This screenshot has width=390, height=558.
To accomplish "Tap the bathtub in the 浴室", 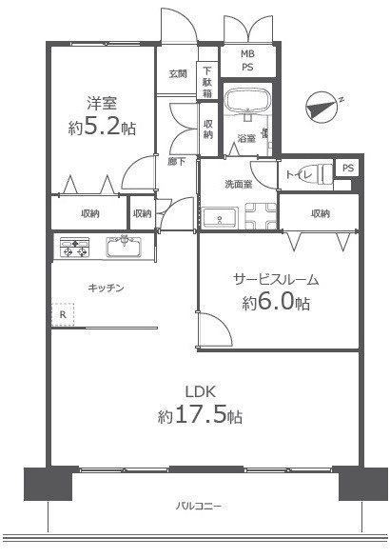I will pos(246,102).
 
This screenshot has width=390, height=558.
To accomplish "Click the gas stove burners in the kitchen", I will pos(75,249).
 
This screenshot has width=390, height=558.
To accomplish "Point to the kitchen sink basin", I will pos(124,248).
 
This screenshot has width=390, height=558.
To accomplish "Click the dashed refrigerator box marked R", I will pos(63,314).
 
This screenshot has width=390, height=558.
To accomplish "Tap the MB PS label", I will pos(247,61).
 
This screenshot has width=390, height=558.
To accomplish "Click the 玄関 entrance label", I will pos(178,73).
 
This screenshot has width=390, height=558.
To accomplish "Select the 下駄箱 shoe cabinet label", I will pos(206,81).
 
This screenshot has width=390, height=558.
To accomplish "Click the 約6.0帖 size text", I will pos(276,303).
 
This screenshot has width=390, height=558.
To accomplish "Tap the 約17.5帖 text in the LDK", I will pos(199,415).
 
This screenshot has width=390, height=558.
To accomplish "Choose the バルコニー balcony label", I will pos(199,506).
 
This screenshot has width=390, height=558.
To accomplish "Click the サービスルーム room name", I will pos(276,279).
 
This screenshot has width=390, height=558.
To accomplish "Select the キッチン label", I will pos(106,287).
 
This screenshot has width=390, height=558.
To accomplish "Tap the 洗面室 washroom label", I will pos(238,183).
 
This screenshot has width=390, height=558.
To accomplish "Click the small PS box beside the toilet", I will pos(348,168).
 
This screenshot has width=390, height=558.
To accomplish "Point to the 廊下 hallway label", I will pos(178,161).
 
